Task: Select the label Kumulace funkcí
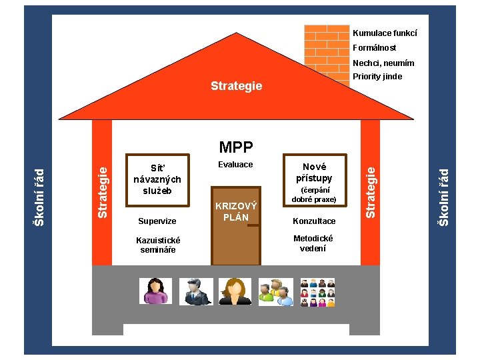click(385, 33)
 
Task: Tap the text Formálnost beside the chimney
click(374, 48)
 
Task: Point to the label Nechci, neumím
click(383, 63)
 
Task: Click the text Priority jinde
click(377, 77)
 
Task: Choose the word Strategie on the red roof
click(236, 86)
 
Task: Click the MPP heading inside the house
click(237, 147)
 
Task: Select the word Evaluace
click(236, 165)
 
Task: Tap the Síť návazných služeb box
click(157, 179)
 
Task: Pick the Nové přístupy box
click(314, 172)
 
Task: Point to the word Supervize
click(157, 221)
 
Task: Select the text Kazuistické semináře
click(158, 245)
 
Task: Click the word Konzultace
click(315, 221)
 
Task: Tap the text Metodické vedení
click(313, 243)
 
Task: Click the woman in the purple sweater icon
click(155, 291)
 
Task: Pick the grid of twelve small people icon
click(317, 291)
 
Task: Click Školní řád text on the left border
click(39, 197)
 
